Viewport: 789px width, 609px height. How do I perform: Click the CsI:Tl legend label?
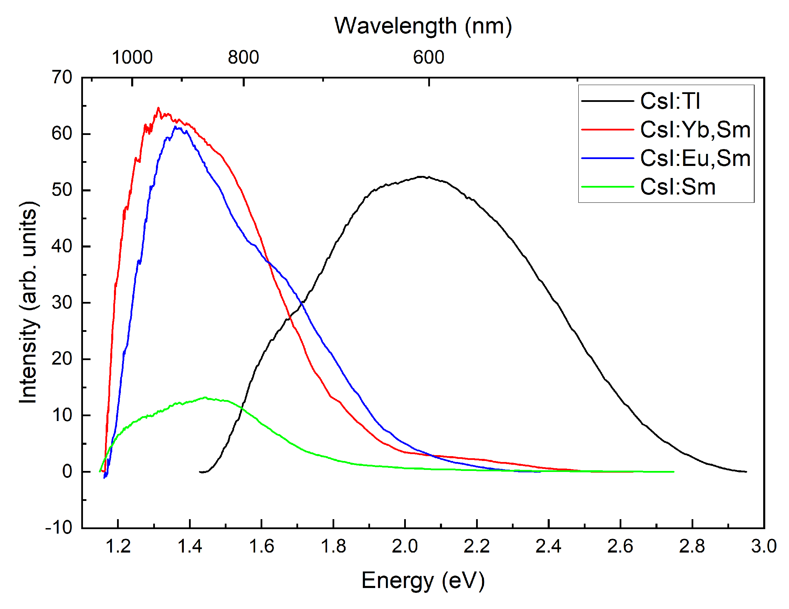(x=670, y=101)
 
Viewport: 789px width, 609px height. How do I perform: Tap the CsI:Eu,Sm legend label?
(x=695, y=158)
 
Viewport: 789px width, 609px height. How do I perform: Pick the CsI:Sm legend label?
(x=678, y=187)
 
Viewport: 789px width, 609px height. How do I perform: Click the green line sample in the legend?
(x=607, y=187)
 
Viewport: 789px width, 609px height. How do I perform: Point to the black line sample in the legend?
(x=607, y=101)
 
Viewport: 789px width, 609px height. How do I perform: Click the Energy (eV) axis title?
(x=423, y=580)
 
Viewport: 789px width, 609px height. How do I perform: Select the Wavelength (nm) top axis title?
(x=423, y=26)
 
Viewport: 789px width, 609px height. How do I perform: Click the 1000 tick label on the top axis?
(x=132, y=57)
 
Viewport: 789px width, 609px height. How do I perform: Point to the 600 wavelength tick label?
(x=429, y=57)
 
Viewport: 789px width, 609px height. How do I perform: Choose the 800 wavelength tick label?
(x=243, y=57)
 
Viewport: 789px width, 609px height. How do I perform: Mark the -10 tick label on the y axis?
(x=59, y=528)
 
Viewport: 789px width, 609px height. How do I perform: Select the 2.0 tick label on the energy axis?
(x=404, y=546)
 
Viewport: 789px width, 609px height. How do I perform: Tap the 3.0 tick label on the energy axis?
(x=764, y=546)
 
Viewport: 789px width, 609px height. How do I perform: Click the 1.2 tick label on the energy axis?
(x=118, y=546)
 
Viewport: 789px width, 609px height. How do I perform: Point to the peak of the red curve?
(x=158, y=108)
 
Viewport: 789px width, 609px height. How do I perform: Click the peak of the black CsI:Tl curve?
(x=421, y=177)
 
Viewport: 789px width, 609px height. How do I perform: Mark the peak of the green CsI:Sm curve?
(x=205, y=398)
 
